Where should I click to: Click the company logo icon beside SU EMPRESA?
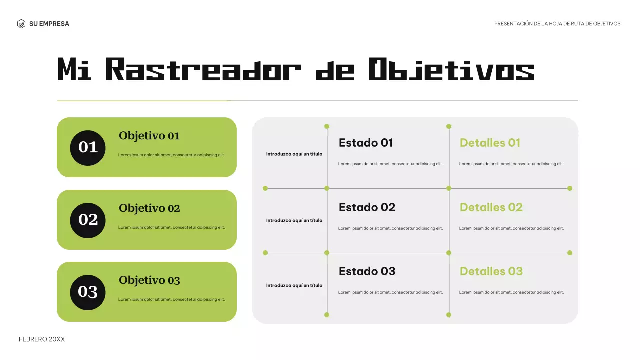coord(21,24)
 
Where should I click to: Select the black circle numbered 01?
coord(88,147)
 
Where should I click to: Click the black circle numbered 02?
coord(88,220)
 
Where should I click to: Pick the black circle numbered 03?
coord(88,292)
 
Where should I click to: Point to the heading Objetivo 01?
coord(149,136)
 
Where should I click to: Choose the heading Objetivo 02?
coord(149,208)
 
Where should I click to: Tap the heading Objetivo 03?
coord(149,280)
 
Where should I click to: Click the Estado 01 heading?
coord(366,143)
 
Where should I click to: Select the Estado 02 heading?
coord(367,207)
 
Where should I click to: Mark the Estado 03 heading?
coord(367,271)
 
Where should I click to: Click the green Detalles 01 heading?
coord(490,143)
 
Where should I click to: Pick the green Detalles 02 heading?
coord(491,207)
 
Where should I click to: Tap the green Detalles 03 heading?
coord(491,271)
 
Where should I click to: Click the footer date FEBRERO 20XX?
coord(42,339)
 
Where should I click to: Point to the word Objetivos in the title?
coord(451,70)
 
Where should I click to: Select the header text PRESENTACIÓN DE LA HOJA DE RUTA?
coord(557,24)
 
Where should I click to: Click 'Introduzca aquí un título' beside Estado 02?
coord(294,220)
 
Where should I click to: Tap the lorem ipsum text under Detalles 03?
coord(511,292)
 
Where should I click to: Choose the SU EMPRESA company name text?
coord(49,24)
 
